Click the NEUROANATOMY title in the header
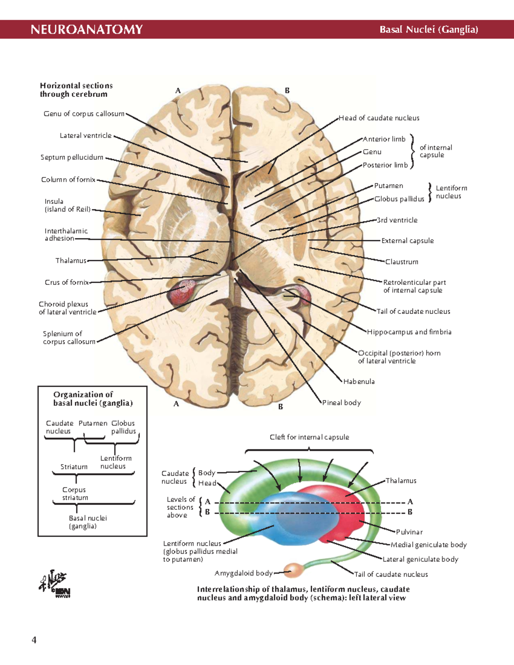(87, 30)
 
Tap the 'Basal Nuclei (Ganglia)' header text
(428, 30)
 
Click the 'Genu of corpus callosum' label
(84, 114)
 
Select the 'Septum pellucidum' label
(72, 158)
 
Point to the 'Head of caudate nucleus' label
(379, 118)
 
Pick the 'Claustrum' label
(401, 262)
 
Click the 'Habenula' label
(359, 382)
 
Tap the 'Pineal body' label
(341, 403)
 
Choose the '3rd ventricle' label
(397, 220)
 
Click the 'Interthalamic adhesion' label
(66, 235)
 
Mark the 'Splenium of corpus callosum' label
(69, 338)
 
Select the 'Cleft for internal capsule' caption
(309, 437)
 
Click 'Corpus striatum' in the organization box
(75, 494)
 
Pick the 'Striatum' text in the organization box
(74, 467)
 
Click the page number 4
(34, 640)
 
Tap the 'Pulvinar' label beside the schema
(409, 532)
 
